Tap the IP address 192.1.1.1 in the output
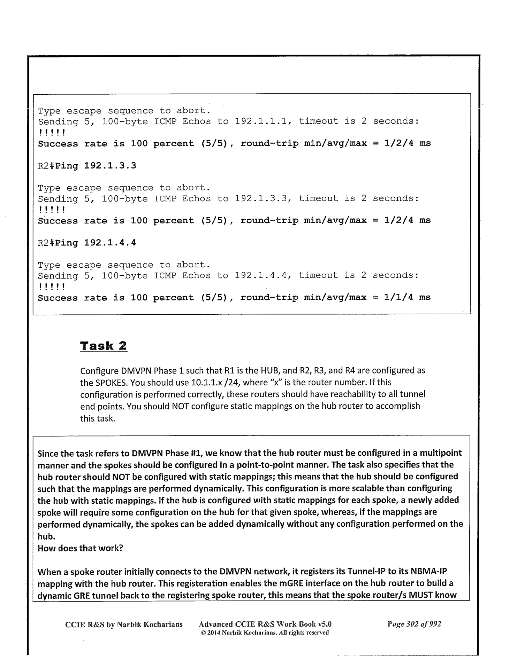pos(261,121)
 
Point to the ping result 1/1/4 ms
pos(407,298)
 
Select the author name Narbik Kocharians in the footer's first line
pos(150,624)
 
